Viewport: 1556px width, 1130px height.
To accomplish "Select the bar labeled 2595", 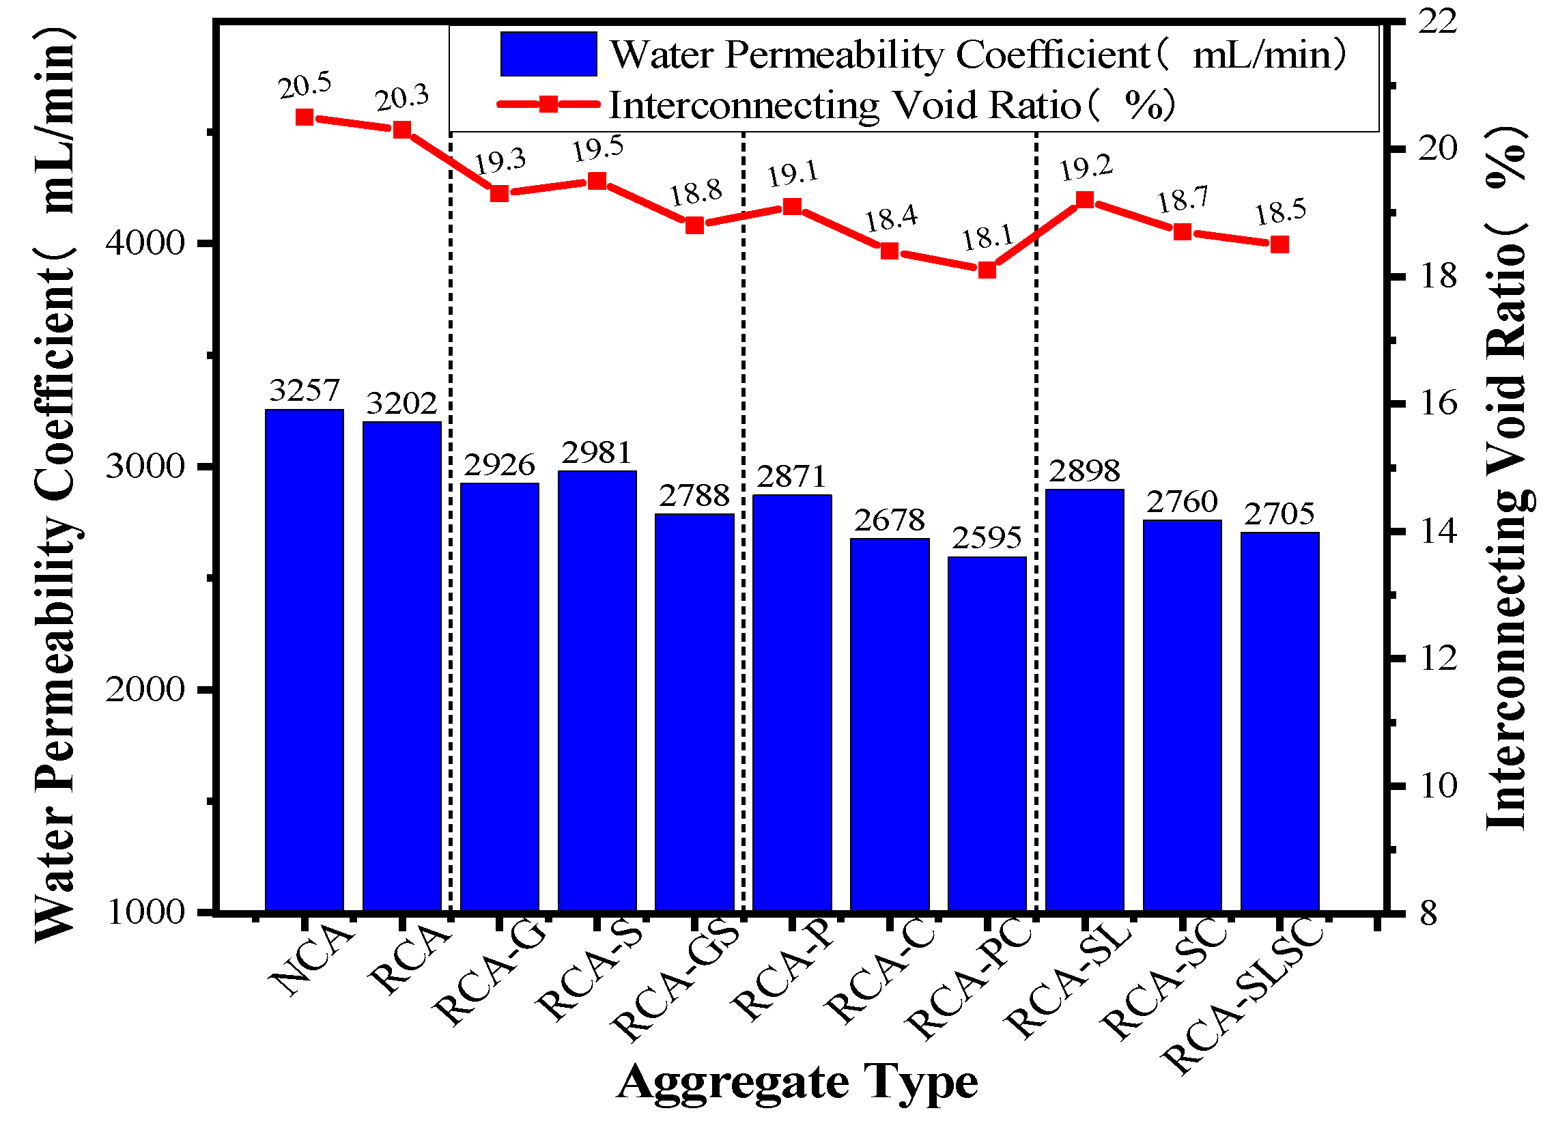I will pos(987,734).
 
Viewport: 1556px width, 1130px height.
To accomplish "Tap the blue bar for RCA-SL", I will pos(1085,700).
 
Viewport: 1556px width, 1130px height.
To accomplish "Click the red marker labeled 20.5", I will pos(305,117).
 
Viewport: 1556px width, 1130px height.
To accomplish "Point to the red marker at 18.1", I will pos(987,270).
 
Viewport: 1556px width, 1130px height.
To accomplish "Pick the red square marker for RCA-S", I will pos(597,181).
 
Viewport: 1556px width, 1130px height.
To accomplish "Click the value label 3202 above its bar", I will pos(401,404).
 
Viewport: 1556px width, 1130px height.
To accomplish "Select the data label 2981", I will pos(596,453).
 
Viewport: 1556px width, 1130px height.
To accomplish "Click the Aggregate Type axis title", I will pos(797,1083).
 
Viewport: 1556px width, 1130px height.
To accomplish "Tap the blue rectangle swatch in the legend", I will pos(548,53).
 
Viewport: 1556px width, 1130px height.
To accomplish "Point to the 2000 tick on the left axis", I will pos(145,690).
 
